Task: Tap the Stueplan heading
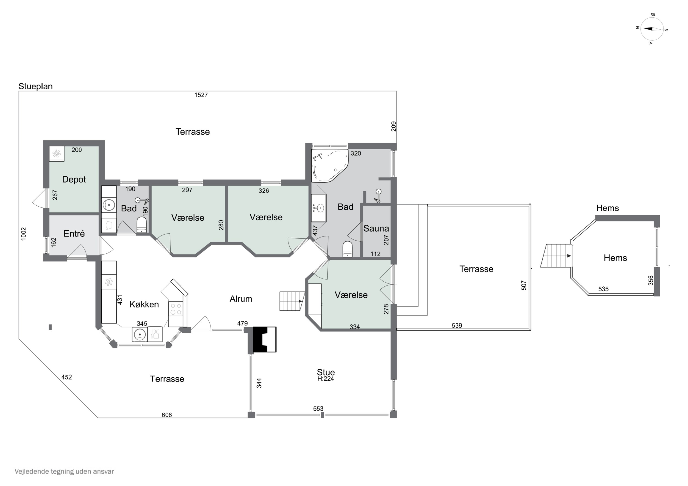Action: point(35,86)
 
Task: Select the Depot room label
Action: point(74,179)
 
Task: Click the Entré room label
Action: point(74,233)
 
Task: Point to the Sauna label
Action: point(376,228)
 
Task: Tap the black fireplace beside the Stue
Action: point(265,339)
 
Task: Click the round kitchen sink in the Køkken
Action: point(140,334)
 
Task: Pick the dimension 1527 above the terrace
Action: point(201,95)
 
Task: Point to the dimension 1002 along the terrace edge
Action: point(23,234)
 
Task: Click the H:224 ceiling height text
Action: point(325,379)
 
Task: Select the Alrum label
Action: point(241,299)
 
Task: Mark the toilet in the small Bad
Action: point(141,225)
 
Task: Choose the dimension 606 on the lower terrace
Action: point(166,415)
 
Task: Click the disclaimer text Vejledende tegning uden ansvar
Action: point(64,471)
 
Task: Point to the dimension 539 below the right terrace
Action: point(457,326)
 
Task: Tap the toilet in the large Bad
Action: point(347,249)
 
